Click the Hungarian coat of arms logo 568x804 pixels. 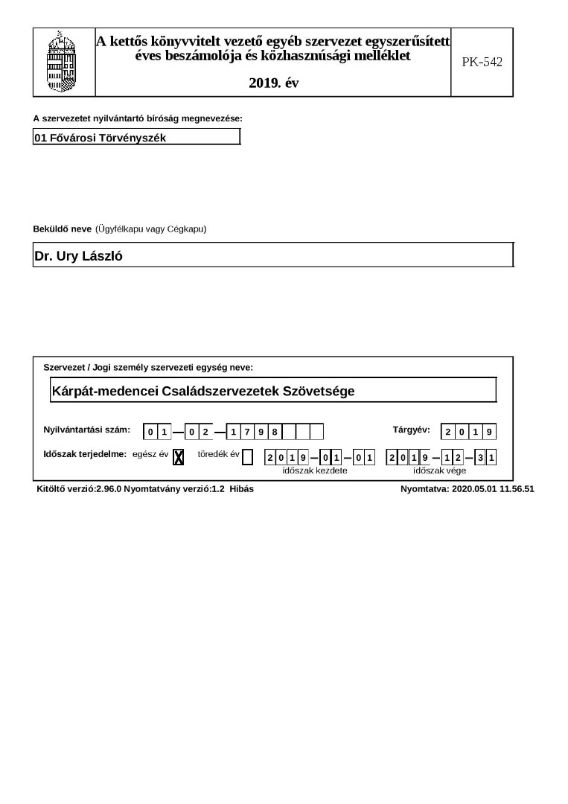tap(63, 63)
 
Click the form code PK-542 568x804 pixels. tap(482, 63)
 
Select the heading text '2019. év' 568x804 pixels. tap(274, 83)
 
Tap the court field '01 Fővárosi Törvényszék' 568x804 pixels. tap(136, 138)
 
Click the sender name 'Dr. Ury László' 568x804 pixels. tap(78, 257)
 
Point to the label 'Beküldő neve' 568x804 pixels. tap(62, 229)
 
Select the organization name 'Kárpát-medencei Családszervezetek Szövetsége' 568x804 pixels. tap(203, 391)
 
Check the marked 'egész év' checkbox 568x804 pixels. tap(178, 457)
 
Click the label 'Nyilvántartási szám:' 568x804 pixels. tap(87, 430)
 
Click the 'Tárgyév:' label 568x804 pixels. tap(411, 430)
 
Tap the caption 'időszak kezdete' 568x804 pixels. tap(315, 470)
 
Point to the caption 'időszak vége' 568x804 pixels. tap(439, 470)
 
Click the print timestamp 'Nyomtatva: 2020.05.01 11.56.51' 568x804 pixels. tap(467, 489)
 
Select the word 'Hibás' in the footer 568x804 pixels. tap(242, 489)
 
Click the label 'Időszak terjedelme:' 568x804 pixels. tap(85, 454)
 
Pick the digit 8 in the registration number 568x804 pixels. tap(275, 432)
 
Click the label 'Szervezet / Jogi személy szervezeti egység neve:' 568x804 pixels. tap(148, 368)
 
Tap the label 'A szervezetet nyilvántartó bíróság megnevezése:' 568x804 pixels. tap(138, 118)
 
